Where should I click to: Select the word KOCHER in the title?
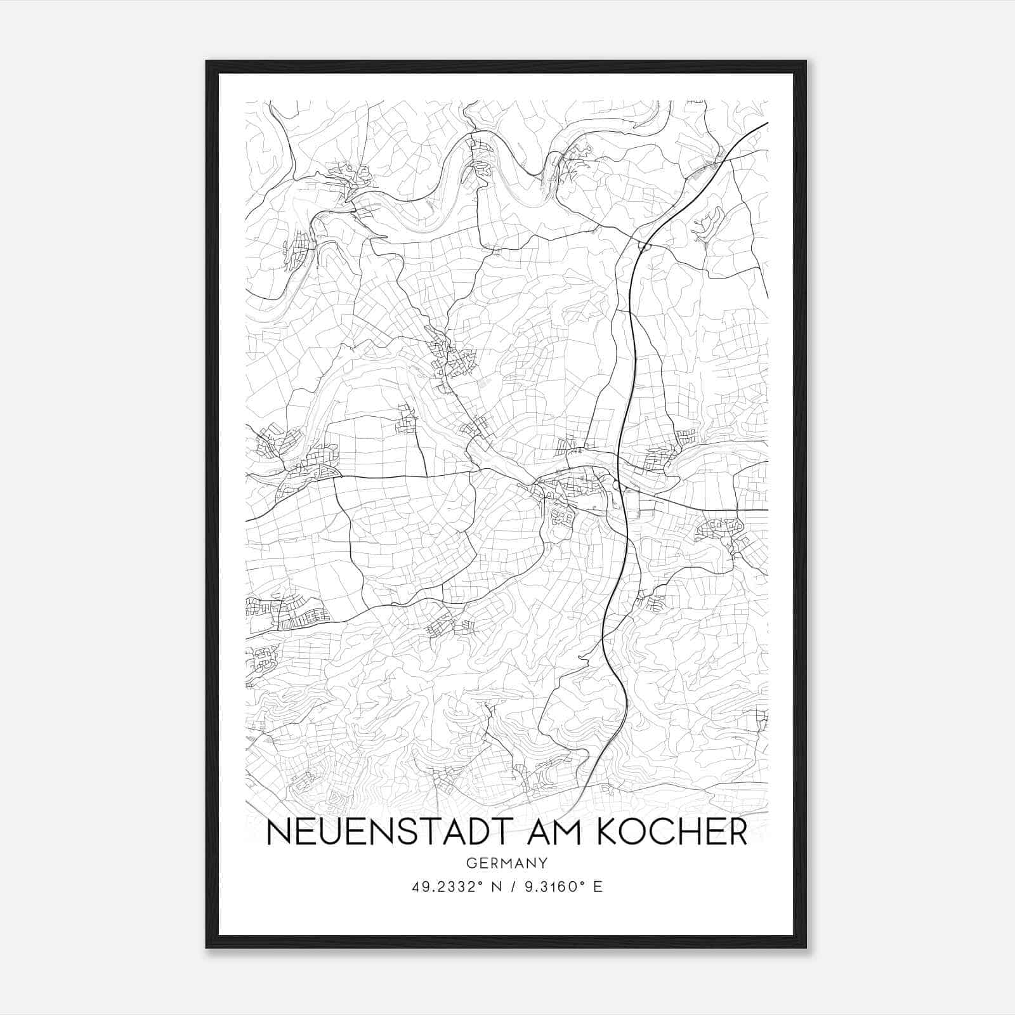click(x=672, y=832)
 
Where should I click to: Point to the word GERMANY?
click(x=507, y=863)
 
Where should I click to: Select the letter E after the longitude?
click(x=597, y=886)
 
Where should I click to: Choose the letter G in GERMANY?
click(x=471, y=863)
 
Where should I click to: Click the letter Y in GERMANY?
click(x=544, y=863)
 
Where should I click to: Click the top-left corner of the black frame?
click(x=207, y=62)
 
